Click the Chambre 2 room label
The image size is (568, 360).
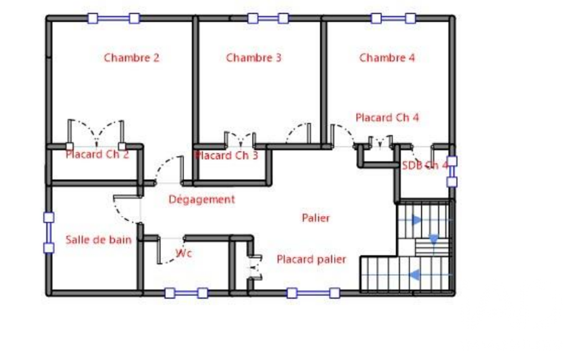pyautogui.click(x=131, y=58)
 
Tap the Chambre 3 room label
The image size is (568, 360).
pyautogui.click(x=254, y=58)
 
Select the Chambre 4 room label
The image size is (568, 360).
pyautogui.click(x=387, y=58)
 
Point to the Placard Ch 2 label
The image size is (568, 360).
pyautogui.click(x=97, y=155)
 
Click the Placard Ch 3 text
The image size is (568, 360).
pyautogui.click(x=227, y=156)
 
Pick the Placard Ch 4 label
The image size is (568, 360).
pyautogui.click(x=387, y=118)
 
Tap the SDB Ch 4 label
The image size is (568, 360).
pyautogui.click(x=425, y=166)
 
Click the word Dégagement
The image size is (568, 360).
pyautogui.click(x=202, y=199)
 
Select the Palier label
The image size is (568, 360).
pyautogui.click(x=316, y=218)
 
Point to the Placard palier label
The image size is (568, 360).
pyautogui.click(x=311, y=259)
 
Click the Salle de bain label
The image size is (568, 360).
pyautogui.click(x=99, y=240)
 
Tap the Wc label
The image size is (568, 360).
pyautogui.click(x=183, y=253)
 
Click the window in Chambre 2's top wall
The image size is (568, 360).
pyautogui.click(x=114, y=18)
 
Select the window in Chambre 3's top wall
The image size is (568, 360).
pyautogui.click(x=268, y=18)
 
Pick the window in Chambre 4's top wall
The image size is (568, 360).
pyautogui.click(x=393, y=18)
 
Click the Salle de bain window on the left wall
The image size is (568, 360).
pyautogui.click(x=49, y=233)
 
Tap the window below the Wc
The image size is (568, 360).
pyautogui.click(x=186, y=293)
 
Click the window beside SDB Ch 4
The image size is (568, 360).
pyautogui.click(x=452, y=171)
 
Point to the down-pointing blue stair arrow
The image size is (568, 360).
pyautogui.click(x=433, y=239)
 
